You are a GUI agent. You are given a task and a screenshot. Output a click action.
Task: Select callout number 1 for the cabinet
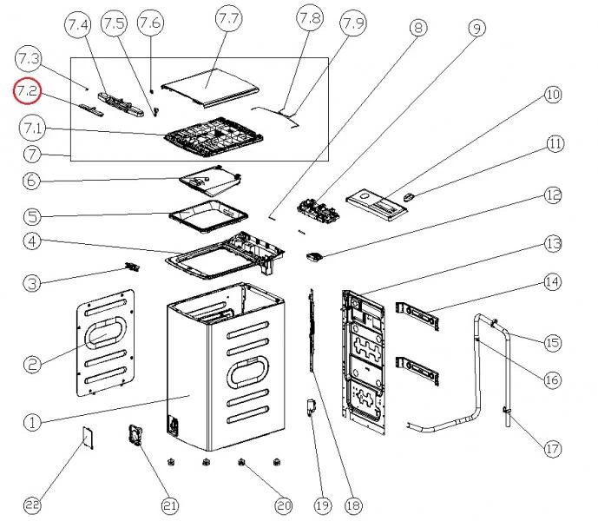pyautogui.click(x=31, y=423)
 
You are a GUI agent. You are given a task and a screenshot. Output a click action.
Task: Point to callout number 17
pyautogui.click(x=553, y=448)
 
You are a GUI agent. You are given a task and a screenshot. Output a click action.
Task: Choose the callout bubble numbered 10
pyautogui.click(x=553, y=95)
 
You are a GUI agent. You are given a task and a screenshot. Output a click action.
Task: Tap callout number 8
pyautogui.click(x=417, y=28)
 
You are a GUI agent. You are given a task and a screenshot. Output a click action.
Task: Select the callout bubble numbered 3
pyautogui.click(x=31, y=282)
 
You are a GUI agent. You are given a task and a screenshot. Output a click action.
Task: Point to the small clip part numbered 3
pyautogui.click(x=132, y=267)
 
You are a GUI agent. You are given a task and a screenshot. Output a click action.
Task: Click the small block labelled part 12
pyautogui.click(x=316, y=255)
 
